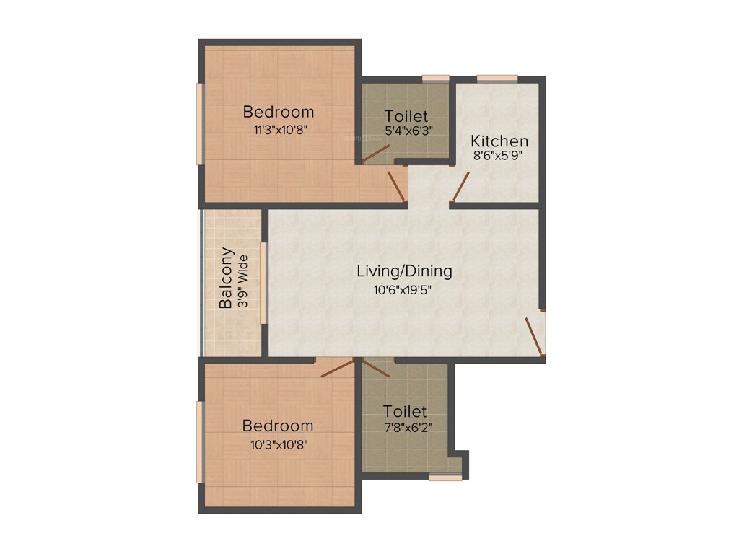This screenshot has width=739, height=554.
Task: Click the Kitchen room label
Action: [x=499, y=141]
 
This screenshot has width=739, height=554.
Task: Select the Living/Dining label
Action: [x=405, y=272]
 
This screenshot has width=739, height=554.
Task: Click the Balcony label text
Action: [x=227, y=278]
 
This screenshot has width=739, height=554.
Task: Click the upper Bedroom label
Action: [x=279, y=112]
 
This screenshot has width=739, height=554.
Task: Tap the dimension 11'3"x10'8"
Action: [x=279, y=130]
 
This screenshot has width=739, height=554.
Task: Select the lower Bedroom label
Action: [x=278, y=426]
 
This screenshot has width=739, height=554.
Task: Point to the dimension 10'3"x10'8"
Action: [x=278, y=444]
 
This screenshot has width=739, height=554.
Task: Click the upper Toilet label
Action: [x=406, y=116]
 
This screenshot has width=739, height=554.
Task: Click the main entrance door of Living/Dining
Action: [x=535, y=335]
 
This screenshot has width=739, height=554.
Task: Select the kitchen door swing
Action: [x=460, y=186]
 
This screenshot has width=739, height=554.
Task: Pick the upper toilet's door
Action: [x=376, y=154]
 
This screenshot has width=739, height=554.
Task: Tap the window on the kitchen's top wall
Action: [x=497, y=79]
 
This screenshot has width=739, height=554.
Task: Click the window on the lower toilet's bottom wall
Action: [x=445, y=477]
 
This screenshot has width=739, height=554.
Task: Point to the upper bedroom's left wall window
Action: [x=200, y=124]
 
